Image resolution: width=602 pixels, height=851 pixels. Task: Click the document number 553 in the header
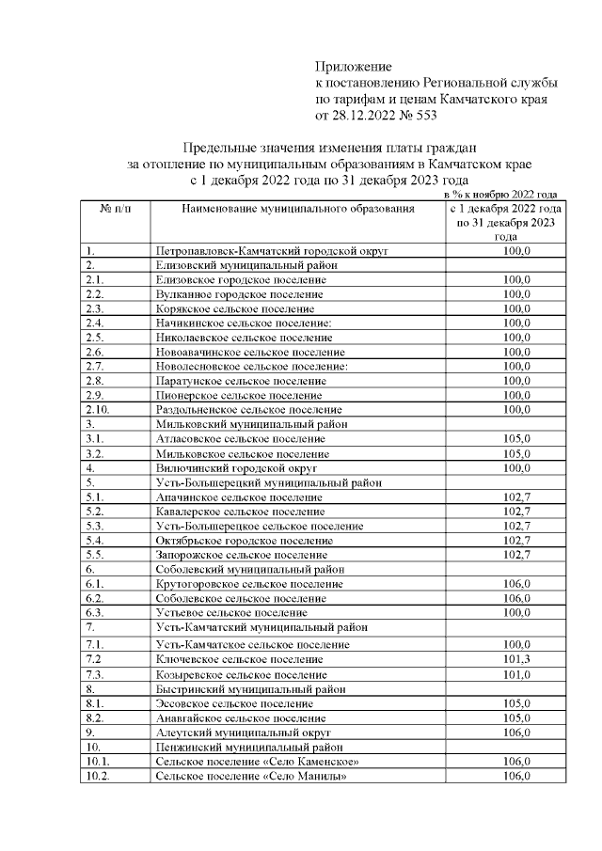[422, 115]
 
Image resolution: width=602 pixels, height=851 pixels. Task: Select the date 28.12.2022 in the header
[361, 115]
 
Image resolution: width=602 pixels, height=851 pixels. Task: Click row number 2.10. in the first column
[98, 409]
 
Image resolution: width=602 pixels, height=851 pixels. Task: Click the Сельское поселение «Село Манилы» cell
[246, 776]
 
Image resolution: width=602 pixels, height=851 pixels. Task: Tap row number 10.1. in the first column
[98, 761]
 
